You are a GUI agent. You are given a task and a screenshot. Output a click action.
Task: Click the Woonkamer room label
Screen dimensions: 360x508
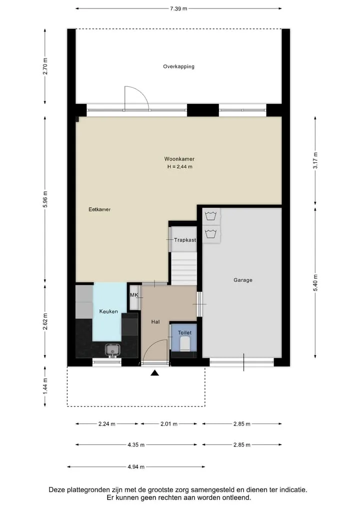pyautogui.click(x=179, y=159)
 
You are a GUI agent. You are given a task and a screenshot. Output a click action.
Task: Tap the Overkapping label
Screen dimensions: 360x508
pyautogui.click(x=178, y=66)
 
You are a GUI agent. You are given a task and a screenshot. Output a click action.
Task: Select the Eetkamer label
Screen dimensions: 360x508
pyautogui.click(x=99, y=209)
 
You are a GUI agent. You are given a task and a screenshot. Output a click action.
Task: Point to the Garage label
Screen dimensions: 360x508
pyautogui.click(x=243, y=280)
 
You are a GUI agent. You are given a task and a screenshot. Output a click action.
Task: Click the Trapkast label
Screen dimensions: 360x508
pyautogui.click(x=185, y=240)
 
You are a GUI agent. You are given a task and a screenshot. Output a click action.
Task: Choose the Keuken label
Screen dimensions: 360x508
pyautogui.click(x=108, y=311)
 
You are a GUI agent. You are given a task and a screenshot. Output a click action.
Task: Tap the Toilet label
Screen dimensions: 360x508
pyautogui.click(x=184, y=332)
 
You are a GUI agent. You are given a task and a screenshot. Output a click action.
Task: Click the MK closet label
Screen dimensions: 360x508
pyautogui.click(x=134, y=295)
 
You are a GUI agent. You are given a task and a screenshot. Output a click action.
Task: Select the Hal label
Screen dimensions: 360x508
pyautogui.click(x=155, y=322)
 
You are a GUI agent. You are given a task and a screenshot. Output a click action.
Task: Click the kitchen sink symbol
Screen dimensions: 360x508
pyautogui.click(x=112, y=350)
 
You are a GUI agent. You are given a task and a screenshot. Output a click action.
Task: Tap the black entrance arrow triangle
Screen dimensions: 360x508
pyautogui.click(x=154, y=373)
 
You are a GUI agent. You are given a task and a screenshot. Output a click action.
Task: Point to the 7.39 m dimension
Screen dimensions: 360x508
pyautogui.click(x=178, y=9)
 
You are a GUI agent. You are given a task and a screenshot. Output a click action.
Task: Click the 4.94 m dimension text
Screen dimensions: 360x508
pyautogui.click(x=136, y=467)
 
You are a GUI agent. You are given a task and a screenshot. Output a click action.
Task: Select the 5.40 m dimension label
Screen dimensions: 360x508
pyautogui.click(x=315, y=283)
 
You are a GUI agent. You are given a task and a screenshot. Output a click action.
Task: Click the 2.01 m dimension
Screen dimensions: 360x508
pyautogui.click(x=169, y=424)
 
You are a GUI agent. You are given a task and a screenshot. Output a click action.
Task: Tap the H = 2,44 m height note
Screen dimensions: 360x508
pyautogui.click(x=179, y=167)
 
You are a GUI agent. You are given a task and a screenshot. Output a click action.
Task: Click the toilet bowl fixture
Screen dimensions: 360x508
pyautogui.click(x=184, y=344)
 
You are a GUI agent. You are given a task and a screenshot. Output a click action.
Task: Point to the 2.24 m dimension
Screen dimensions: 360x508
pyautogui.click(x=106, y=424)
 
